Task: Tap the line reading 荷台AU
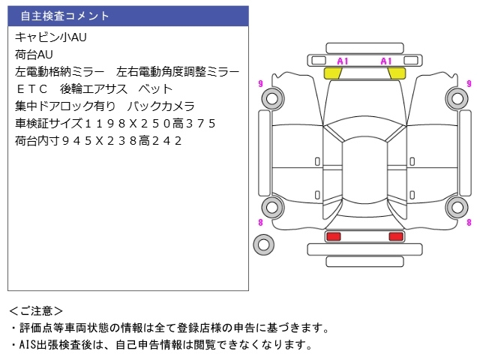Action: click(34, 54)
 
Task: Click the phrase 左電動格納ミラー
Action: click(59, 72)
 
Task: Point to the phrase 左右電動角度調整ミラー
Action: click(178, 72)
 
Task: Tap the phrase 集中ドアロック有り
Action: click(61, 106)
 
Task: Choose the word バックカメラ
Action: click(161, 106)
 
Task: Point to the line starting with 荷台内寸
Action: click(98, 141)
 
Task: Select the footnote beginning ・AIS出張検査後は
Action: click(160, 345)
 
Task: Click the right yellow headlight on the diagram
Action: click(395, 73)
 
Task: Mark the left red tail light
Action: click(333, 237)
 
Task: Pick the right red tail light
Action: click(395, 237)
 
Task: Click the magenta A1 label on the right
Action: click(387, 61)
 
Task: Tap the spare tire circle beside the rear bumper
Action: click(262, 243)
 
